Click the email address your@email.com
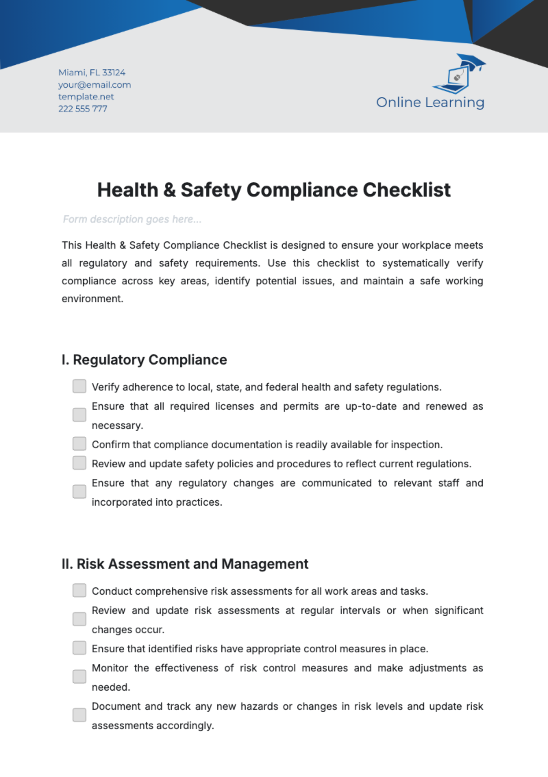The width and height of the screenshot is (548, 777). [x=95, y=85]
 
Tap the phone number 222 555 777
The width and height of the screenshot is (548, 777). [x=83, y=109]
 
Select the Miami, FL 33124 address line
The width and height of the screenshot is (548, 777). [x=92, y=73]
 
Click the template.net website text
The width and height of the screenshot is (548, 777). [x=86, y=97]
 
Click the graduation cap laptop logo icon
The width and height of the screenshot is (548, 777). [x=458, y=74]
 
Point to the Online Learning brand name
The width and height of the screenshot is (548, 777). [x=430, y=102]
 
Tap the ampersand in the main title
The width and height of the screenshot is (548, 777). [x=169, y=190]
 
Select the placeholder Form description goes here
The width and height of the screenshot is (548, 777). [x=132, y=219]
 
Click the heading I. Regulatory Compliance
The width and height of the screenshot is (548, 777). [x=144, y=360]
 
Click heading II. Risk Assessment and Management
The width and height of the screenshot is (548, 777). [x=185, y=564]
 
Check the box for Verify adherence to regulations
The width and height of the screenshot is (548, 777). [x=79, y=386]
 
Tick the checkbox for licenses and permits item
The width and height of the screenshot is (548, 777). [x=79, y=415]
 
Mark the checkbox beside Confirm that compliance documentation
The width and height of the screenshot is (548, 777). [x=79, y=444]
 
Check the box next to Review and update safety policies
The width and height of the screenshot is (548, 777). [x=79, y=463]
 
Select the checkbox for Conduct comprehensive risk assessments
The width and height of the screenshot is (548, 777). [x=79, y=591]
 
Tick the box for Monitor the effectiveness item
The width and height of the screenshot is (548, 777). [x=79, y=677]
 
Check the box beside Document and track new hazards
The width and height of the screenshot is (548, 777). [x=79, y=715]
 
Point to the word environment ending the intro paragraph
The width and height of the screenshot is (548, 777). [x=92, y=299]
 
